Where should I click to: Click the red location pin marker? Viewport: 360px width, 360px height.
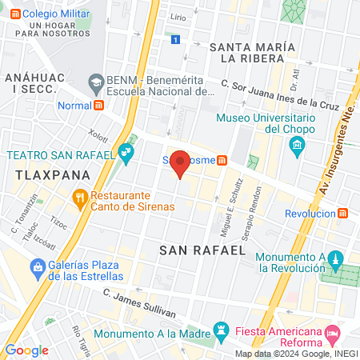(181, 162)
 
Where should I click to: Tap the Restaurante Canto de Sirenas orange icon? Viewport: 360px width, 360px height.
(79, 196)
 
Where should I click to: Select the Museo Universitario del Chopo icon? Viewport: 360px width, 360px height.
(298, 145)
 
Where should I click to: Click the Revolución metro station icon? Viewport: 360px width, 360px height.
(343, 213)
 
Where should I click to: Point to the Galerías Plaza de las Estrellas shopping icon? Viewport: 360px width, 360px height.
(37, 266)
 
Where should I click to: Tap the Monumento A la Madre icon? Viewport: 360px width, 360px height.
(222, 330)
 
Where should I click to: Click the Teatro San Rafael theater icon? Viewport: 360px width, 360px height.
(125, 151)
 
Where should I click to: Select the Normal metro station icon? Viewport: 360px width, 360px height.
(98, 105)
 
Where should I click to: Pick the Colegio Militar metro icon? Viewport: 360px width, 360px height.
(12, 14)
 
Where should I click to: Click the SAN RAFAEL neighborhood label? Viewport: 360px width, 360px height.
(202, 250)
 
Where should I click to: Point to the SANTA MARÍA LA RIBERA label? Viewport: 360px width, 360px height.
(247, 53)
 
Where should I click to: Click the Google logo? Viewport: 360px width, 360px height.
(26, 350)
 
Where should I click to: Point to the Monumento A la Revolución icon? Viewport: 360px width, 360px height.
(336, 259)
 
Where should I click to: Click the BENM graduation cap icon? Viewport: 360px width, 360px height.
(96, 81)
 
